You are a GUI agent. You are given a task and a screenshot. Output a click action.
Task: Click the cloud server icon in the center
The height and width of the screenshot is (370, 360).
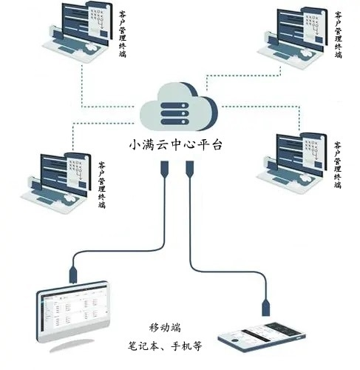tap(179, 107)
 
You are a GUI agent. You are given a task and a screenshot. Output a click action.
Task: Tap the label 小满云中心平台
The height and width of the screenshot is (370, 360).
tap(176, 145)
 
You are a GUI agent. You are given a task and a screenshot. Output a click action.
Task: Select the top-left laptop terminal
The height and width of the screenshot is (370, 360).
tap(76, 31)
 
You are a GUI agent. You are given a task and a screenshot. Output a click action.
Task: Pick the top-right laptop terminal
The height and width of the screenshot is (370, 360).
tap(292, 37)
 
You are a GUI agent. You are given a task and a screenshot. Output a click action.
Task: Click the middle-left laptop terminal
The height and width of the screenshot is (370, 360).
tap(55, 183)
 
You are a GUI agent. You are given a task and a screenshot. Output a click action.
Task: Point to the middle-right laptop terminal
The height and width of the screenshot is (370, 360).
tap(291, 163)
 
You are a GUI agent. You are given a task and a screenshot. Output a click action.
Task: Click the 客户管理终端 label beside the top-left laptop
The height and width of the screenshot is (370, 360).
tap(123, 34)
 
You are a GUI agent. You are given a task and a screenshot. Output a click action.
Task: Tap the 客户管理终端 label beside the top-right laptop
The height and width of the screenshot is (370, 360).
tap(338, 35)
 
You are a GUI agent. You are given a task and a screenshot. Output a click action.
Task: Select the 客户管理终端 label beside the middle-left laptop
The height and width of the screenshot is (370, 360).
tap(102, 185)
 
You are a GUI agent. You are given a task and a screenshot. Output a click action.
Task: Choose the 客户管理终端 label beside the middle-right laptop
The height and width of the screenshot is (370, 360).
tap(338, 165)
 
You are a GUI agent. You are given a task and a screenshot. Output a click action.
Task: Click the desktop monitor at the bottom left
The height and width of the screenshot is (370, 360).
tap(73, 312)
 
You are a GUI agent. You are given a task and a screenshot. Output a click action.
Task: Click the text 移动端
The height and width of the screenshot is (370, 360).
tap(165, 328)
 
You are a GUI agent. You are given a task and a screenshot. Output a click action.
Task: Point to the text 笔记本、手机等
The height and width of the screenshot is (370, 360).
tap(165, 346)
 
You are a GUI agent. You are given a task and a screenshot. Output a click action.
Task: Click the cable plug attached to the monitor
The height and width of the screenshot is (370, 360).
tap(73, 275)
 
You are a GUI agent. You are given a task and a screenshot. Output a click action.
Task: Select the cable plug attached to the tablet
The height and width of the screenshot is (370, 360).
tap(265, 307)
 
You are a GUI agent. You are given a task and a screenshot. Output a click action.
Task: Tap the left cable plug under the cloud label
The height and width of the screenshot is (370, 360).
tap(164, 169)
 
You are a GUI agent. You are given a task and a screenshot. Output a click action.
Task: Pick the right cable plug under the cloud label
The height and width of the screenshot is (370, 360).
tap(189, 169)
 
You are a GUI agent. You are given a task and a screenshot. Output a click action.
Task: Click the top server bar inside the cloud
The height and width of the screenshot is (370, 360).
tap(174, 106)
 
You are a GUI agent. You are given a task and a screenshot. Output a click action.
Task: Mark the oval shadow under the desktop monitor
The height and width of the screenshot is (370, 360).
tap(72, 346)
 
